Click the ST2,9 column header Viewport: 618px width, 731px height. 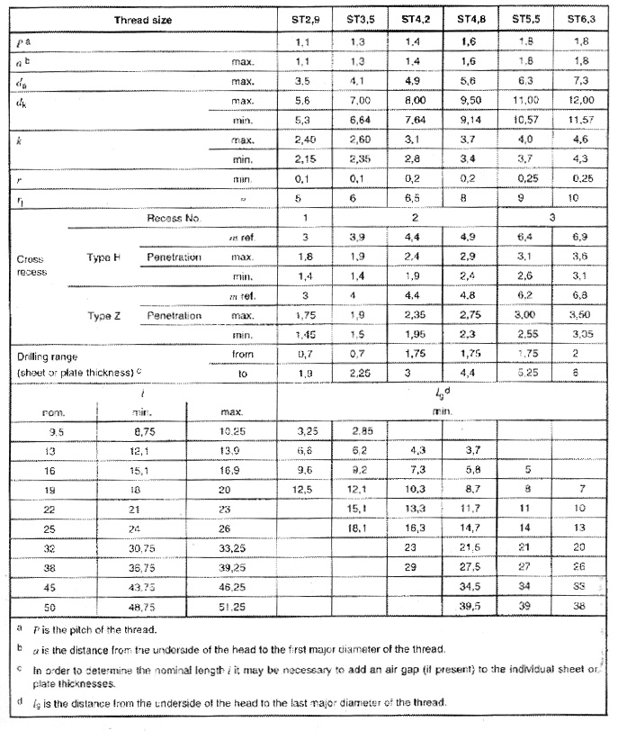pos(309,18)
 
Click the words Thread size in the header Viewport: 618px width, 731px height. pos(143,19)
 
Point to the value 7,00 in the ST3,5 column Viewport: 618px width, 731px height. pos(363,102)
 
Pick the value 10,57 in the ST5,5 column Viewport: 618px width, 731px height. pos(526,120)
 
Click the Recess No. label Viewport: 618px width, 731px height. pos(175,219)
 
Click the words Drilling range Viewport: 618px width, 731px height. pos(49,355)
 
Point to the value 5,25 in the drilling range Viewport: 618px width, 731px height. pos(526,374)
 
